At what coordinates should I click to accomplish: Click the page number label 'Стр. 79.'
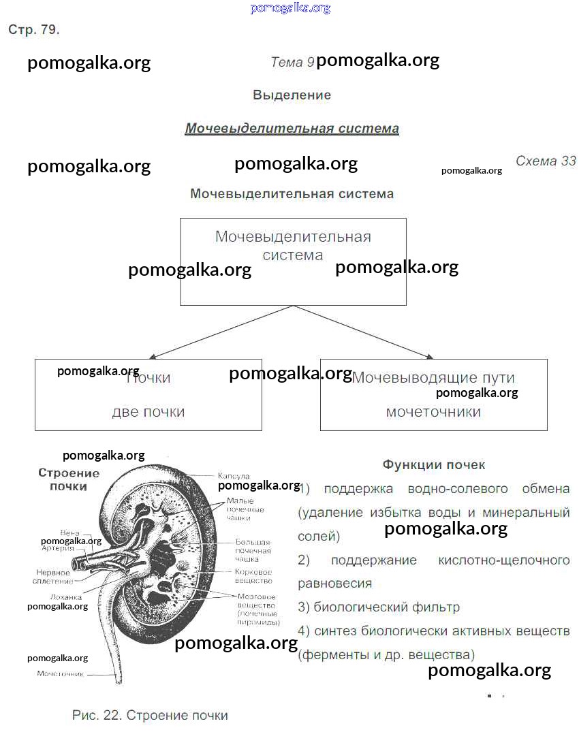pyautogui.click(x=34, y=31)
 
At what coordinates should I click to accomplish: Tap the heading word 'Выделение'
pyautogui.click(x=292, y=95)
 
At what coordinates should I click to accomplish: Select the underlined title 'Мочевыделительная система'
pyautogui.click(x=292, y=129)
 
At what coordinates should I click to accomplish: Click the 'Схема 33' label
pyautogui.click(x=546, y=161)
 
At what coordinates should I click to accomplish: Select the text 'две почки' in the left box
pyautogui.click(x=148, y=412)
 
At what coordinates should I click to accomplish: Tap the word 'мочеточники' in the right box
pyautogui.click(x=433, y=412)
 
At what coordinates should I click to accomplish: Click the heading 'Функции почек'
pyautogui.click(x=434, y=465)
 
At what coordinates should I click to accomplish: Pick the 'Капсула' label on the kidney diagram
pyautogui.click(x=234, y=476)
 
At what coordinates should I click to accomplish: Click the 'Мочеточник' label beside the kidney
pyautogui.click(x=60, y=674)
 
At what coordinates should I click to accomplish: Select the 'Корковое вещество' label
pyautogui.click(x=253, y=576)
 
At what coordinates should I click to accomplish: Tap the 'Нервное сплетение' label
pyautogui.click(x=52, y=577)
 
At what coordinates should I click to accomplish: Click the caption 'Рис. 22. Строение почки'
pyautogui.click(x=150, y=716)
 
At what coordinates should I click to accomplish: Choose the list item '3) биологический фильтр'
pyautogui.click(x=379, y=607)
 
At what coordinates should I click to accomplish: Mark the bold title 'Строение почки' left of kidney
pyautogui.click(x=68, y=479)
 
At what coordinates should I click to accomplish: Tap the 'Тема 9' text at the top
pyautogui.click(x=292, y=63)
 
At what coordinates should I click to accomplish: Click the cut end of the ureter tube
pyautogui.click(x=119, y=679)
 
